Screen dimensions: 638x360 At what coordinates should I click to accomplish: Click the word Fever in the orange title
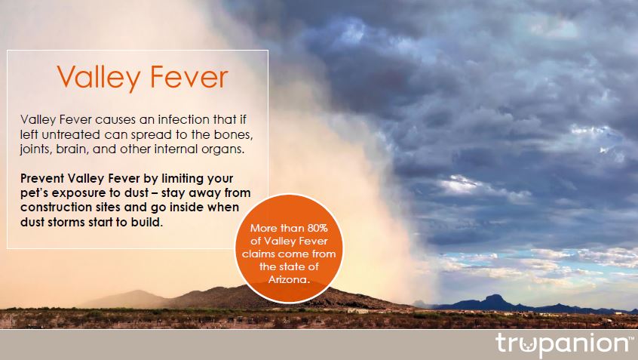[x=189, y=76]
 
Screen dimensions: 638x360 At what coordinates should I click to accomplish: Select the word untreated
[x=71, y=134]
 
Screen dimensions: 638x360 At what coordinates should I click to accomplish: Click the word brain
[x=71, y=149]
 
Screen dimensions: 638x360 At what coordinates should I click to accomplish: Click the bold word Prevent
[x=42, y=178]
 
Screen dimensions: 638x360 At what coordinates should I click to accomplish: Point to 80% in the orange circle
[x=317, y=228]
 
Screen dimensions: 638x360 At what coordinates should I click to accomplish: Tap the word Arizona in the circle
[x=289, y=280]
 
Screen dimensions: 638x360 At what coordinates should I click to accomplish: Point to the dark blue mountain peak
[x=494, y=297]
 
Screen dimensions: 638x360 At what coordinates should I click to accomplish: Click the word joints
[x=35, y=149]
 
